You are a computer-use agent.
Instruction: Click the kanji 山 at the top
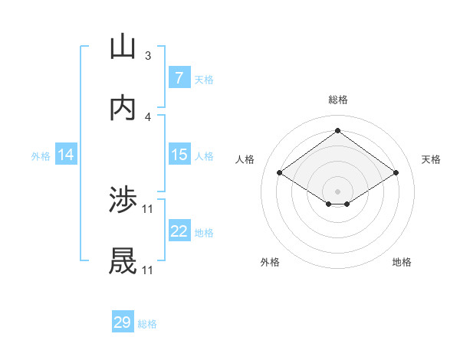tap(123, 47)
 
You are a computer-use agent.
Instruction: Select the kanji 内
tap(123, 108)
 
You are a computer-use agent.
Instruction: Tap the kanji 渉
tap(123, 201)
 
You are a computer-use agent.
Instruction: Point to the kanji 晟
tap(123, 262)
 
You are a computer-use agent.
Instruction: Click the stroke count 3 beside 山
tap(148, 56)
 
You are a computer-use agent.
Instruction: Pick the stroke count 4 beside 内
tap(148, 117)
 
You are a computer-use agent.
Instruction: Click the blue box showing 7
tap(179, 78)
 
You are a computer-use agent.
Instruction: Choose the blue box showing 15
tap(179, 155)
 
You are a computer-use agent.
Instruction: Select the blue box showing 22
tap(179, 231)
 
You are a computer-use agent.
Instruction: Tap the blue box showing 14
tap(66, 155)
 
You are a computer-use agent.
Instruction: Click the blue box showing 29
tap(123, 322)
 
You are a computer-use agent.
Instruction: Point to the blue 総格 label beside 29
tap(147, 324)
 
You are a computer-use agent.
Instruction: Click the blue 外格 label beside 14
tap(41, 155)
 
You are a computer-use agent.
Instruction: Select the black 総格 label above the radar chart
tap(337, 100)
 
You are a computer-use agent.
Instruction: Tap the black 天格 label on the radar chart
tap(431, 159)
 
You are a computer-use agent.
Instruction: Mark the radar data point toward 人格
tap(280, 173)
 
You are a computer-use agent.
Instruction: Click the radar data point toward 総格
tap(337, 130)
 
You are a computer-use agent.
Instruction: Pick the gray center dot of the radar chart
tap(337, 191)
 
